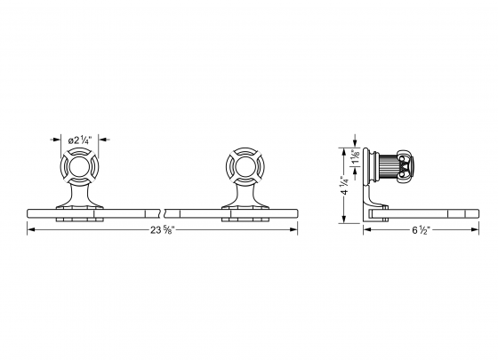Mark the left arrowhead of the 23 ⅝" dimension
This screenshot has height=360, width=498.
pos(32,230)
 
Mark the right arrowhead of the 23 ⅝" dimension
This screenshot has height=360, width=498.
pos(294,230)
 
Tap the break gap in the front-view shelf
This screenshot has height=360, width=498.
pos(164,212)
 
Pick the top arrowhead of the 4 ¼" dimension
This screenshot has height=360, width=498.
pos(345,150)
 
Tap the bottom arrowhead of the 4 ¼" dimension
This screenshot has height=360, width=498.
pos(345,219)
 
